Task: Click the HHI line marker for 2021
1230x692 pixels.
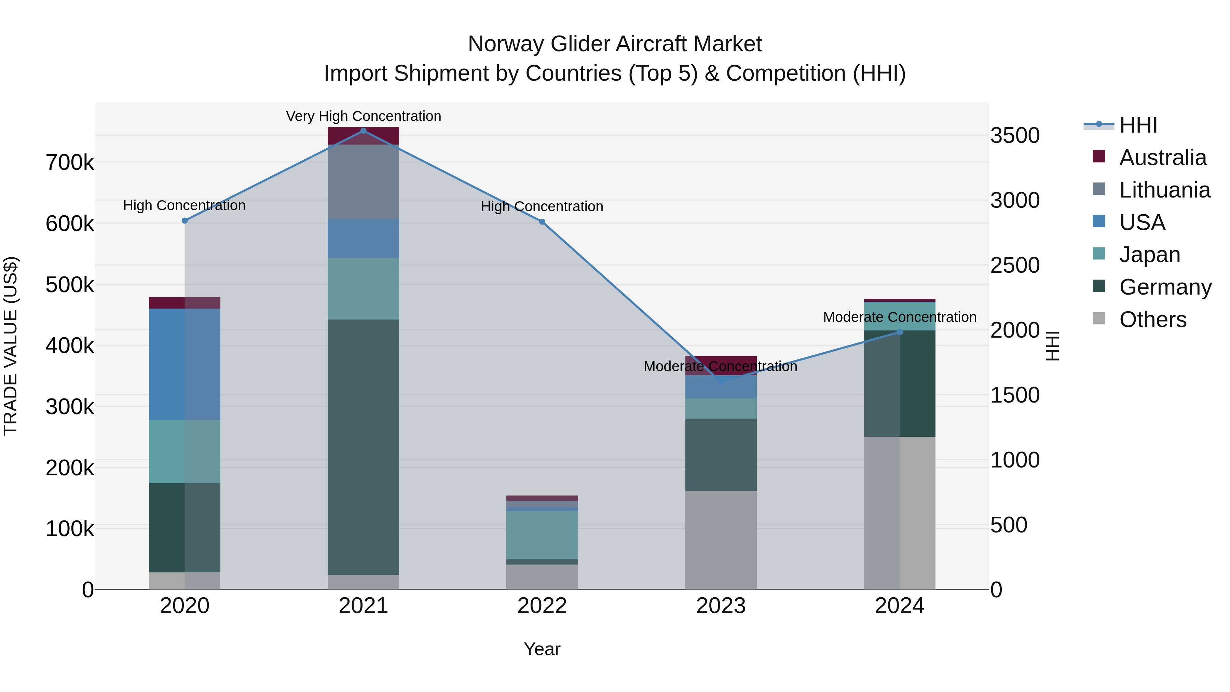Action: [364, 131]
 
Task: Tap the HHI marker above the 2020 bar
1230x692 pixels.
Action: [185, 221]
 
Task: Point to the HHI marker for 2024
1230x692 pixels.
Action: [900, 332]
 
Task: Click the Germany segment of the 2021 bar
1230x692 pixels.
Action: [364, 447]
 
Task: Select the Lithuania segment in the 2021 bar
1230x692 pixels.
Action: [364, 181]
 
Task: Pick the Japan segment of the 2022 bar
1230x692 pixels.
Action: [542, 535]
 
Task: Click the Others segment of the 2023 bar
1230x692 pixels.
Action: [721, 540]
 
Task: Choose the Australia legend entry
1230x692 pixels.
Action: [1162, 158]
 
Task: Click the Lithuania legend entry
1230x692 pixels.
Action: [1164, 190]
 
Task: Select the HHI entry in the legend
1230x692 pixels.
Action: [1138, 125]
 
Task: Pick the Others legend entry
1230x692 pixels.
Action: [1152, 320]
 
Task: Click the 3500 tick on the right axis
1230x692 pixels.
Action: [1015, 136]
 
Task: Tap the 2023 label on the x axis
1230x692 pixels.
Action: [721, 606]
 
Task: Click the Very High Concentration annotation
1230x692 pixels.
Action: [364, 116]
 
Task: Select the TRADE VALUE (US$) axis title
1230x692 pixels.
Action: [11, 346]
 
